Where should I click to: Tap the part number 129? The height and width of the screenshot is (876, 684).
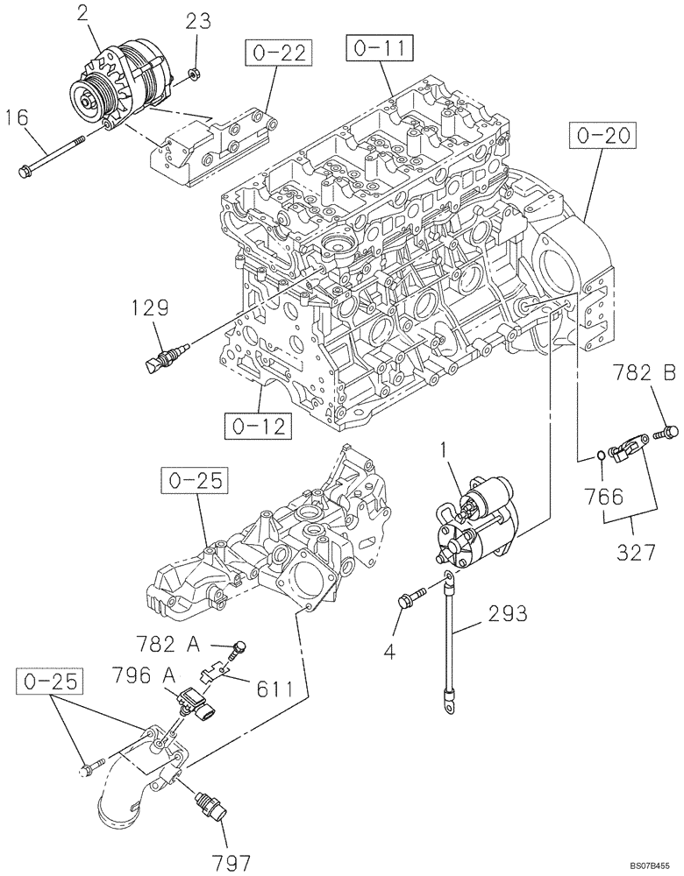(x=152, y=307)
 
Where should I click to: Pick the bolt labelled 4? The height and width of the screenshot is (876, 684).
(x=410, y=599)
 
